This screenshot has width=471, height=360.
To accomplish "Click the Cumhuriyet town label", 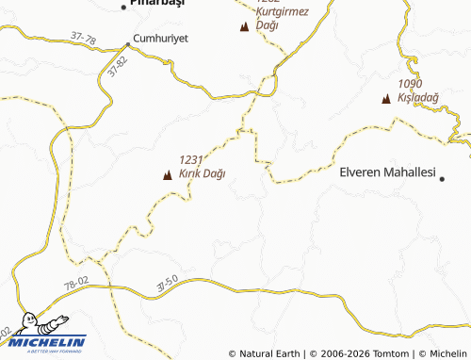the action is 161,39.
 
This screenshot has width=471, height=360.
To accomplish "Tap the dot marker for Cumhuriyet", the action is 129,44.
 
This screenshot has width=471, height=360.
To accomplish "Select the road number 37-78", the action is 84,39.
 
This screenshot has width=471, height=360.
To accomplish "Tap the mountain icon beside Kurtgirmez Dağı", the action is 246,28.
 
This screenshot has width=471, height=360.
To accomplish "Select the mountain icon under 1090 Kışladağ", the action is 386,98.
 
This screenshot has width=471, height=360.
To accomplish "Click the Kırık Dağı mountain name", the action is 202,173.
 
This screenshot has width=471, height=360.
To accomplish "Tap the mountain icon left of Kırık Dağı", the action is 169,174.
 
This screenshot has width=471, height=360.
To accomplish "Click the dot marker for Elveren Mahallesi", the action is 443,176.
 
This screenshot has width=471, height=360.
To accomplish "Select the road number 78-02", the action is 77,283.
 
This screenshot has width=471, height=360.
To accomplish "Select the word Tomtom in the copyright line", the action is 391,353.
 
